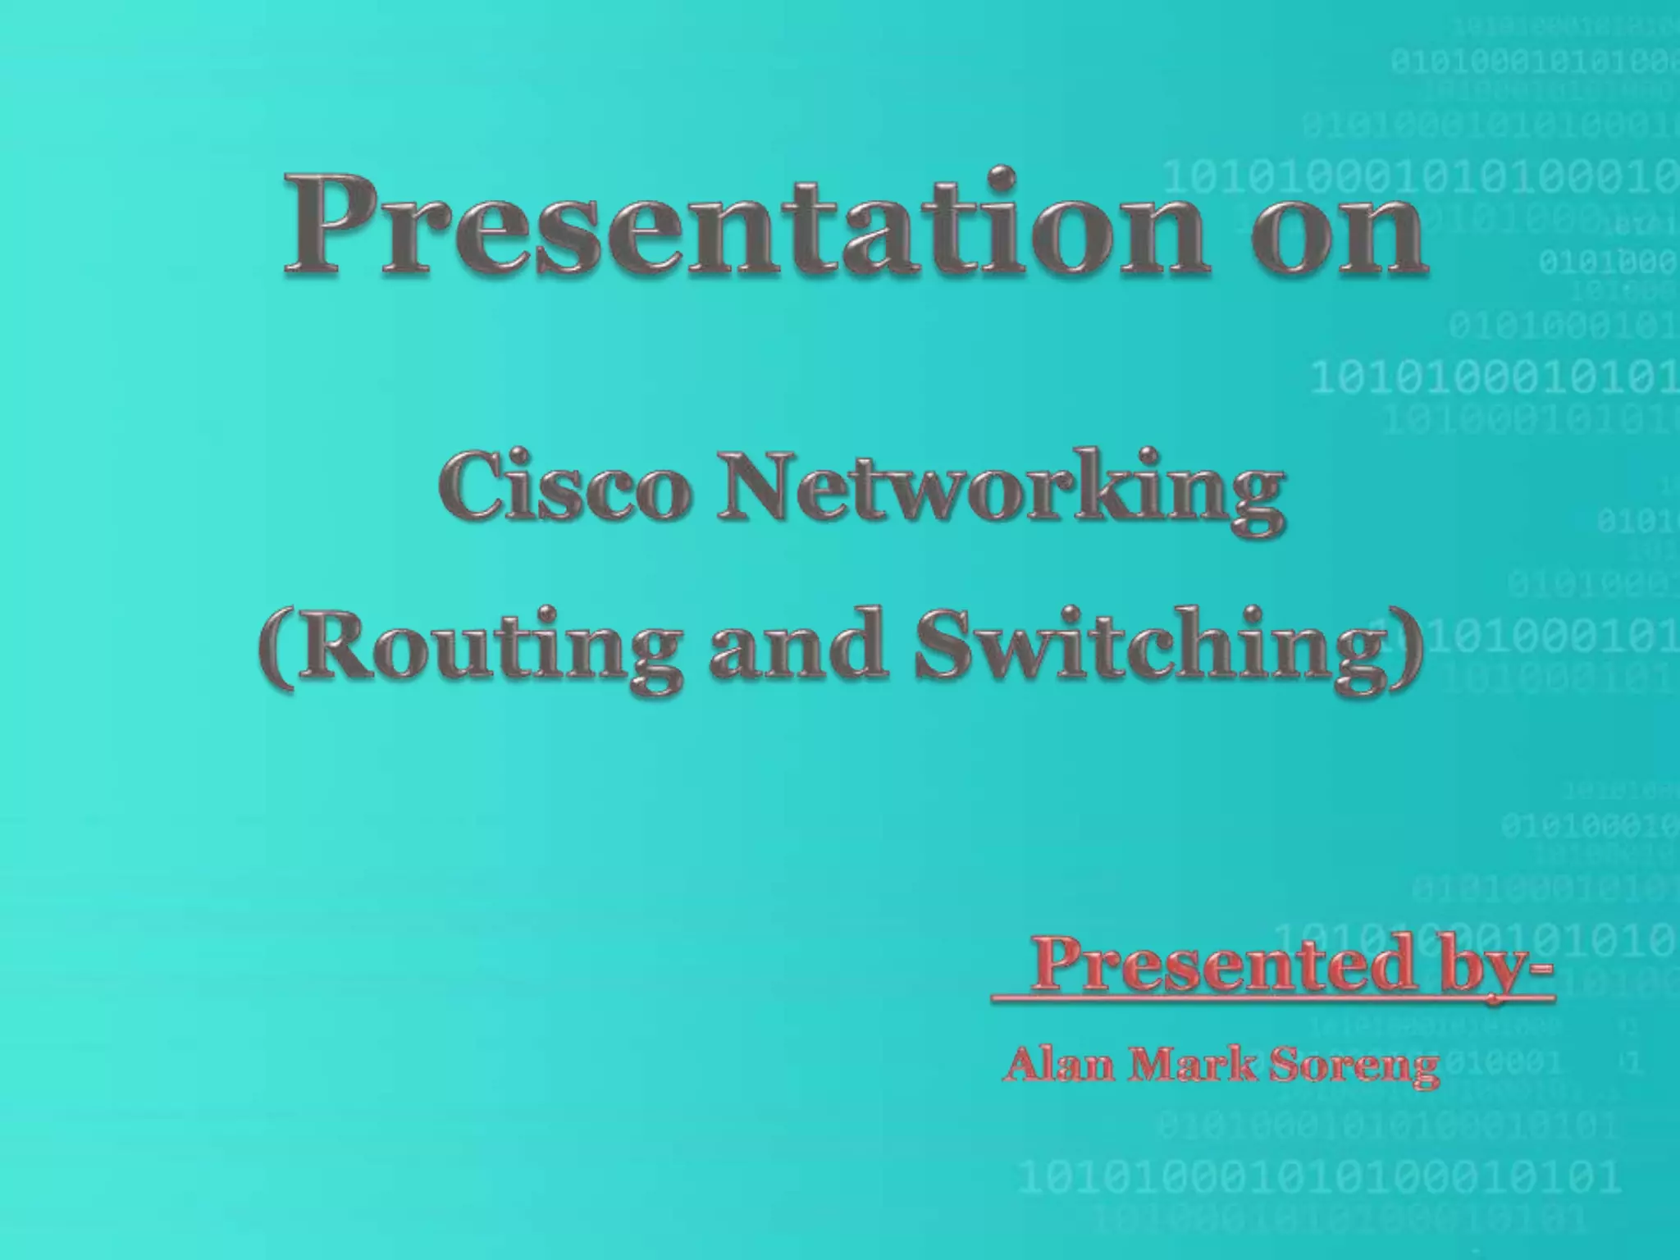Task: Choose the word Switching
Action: [1148, 648]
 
